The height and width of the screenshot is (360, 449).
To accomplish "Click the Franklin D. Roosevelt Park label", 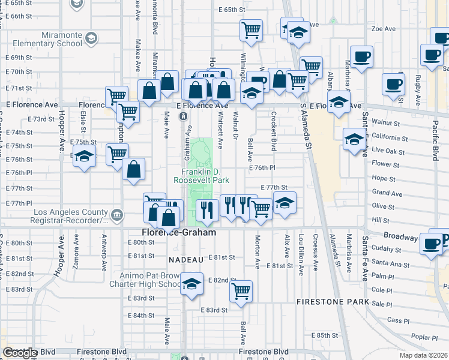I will click(x=202, y=175).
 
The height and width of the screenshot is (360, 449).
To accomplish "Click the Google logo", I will click(x=20, y=353).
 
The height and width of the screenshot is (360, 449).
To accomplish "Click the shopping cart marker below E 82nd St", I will click(x=240, y=292).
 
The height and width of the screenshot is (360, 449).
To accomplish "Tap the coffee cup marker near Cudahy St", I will click(x=431, y=244).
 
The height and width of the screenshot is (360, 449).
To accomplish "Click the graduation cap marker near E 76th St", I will click(x=85, y=157).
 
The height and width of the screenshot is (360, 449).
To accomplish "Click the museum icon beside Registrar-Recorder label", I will click(x=117, y=213).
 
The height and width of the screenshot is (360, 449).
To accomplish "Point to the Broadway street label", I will click(x=400, y=236).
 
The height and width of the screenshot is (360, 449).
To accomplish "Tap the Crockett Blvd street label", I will click(x=273, y=133).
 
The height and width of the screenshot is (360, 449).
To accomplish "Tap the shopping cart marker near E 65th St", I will click(x=251, y=29).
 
